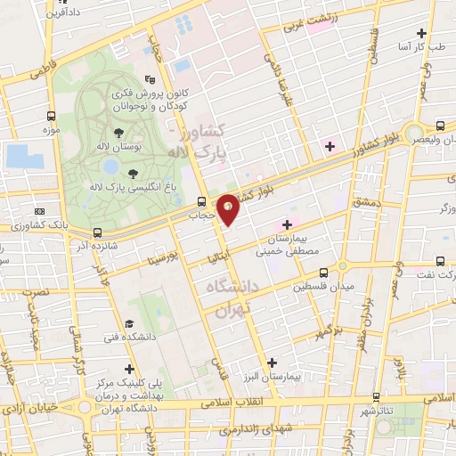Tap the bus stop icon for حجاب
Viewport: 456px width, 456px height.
(x=201, y=200)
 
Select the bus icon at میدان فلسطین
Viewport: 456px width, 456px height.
(x=322, y=272)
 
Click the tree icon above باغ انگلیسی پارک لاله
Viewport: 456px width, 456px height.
(x=134, y=172)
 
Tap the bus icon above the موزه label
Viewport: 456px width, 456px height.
(x=51, y=116)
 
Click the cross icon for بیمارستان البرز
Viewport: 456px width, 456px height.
(x=272, y=362)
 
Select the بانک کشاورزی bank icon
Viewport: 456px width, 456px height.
(x=38, y=211)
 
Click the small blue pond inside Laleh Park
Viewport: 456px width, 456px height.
(x=110, y=166)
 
